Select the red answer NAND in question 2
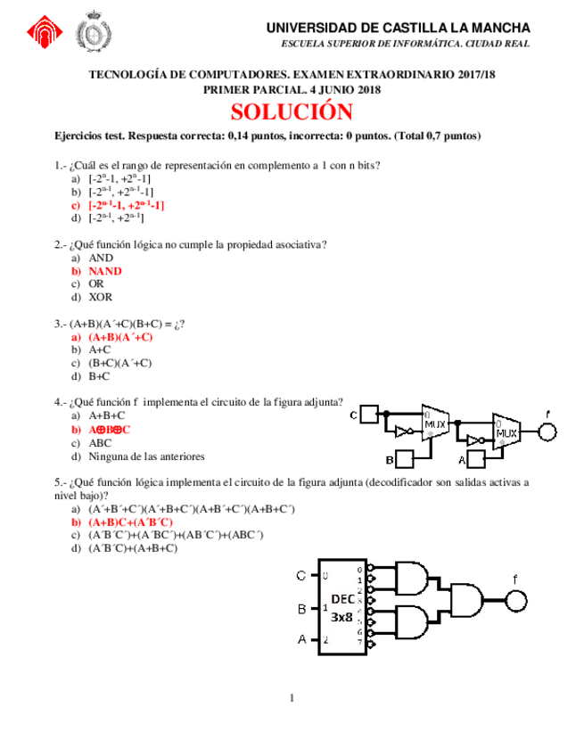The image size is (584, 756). (105, 270)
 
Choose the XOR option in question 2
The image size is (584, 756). (101, 297)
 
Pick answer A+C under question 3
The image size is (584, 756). (101, 350)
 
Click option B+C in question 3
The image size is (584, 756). (101, 376)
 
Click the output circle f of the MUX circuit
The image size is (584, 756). (547, 432)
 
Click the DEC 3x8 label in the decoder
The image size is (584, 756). (341, 608)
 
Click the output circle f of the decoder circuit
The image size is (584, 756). (515, 599)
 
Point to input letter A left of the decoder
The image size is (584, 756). (301, 639)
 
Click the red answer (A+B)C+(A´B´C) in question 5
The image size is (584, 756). (130, 522)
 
